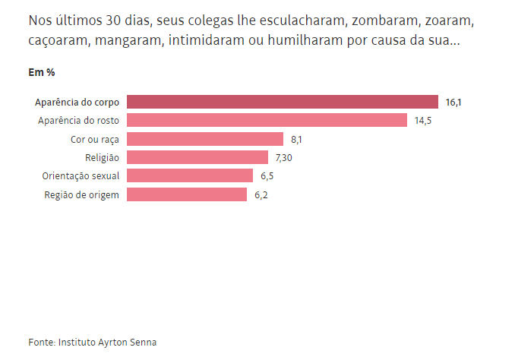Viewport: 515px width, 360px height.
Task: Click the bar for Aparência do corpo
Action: coord(283,102)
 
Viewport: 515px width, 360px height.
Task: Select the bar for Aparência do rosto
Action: coord(267,120)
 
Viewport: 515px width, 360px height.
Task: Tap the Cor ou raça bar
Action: coord(205,139)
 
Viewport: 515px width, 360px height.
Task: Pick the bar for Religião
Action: coord(197,157)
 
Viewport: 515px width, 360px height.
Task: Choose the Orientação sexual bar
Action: coord(190,175)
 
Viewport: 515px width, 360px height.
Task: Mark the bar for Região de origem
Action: coord(187,194)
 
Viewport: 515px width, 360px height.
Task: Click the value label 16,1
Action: coord(453,102)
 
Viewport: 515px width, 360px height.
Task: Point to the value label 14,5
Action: coord(423,120)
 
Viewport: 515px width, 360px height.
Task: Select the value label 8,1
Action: coord(297,139)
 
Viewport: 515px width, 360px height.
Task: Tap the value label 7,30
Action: coord(285,157)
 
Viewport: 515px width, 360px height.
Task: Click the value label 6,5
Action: coord(267,175)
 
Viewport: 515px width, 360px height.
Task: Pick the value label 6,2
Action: coord(261,194)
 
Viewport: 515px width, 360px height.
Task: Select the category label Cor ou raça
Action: coord(95,139)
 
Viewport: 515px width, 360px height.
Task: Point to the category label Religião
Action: coord(103,157)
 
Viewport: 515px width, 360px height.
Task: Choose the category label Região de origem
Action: coord(83,194)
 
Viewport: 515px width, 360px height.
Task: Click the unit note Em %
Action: coord(41,72)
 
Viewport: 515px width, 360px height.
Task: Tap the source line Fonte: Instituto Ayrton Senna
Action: coord(92,343)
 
